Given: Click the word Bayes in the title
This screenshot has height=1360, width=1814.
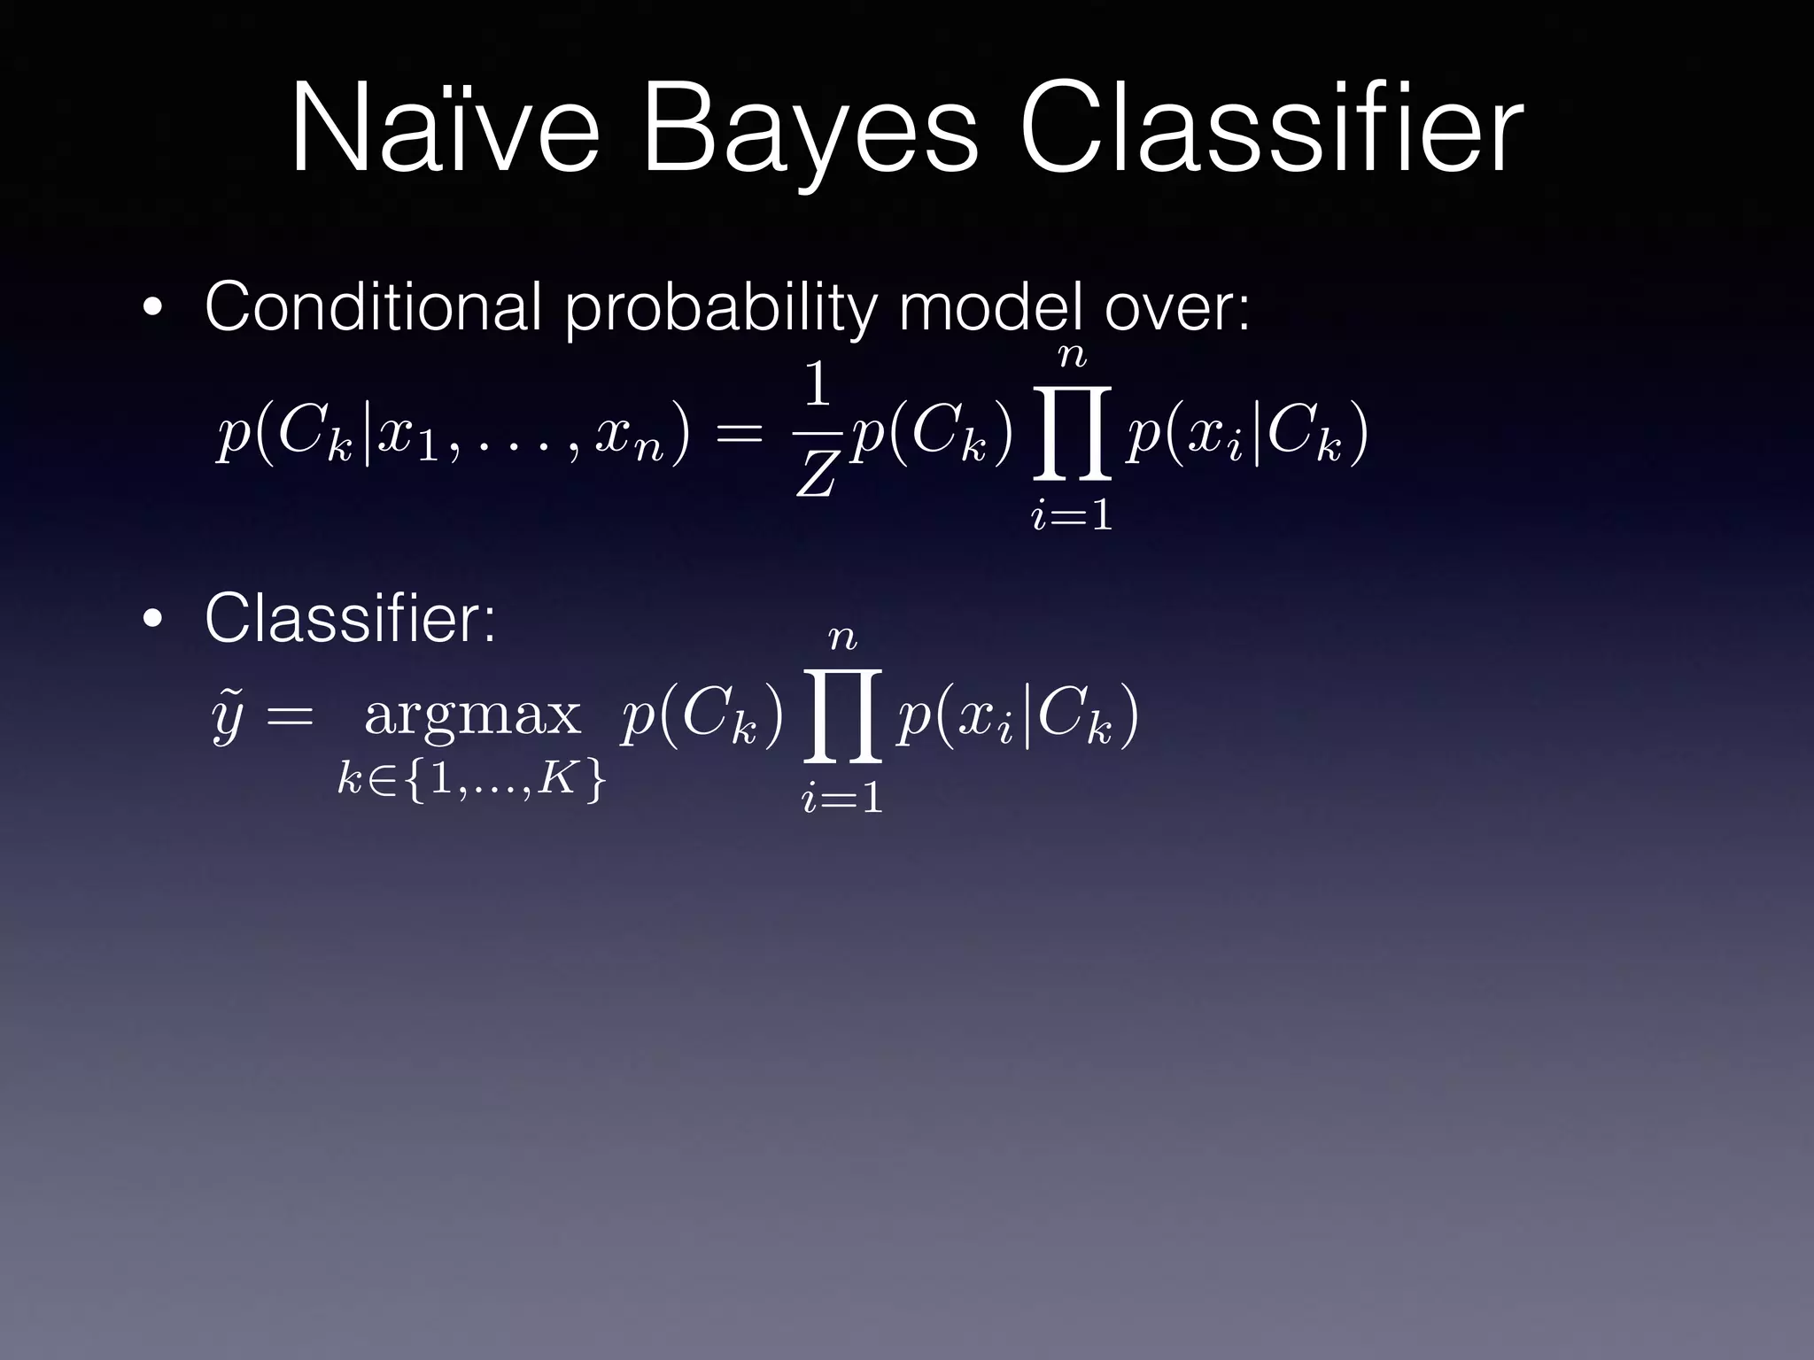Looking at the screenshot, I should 810,133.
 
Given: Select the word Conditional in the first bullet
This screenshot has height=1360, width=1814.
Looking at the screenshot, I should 373,306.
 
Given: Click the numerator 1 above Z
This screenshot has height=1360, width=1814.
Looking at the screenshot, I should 816,387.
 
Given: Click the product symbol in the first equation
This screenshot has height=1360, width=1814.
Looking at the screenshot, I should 1072,433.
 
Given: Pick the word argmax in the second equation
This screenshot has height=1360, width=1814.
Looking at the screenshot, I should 472,715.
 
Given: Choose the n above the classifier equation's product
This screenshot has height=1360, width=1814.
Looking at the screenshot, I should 842,637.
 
